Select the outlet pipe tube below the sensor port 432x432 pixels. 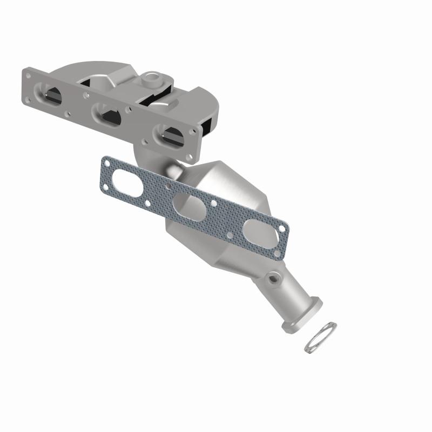click(294, 297)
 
